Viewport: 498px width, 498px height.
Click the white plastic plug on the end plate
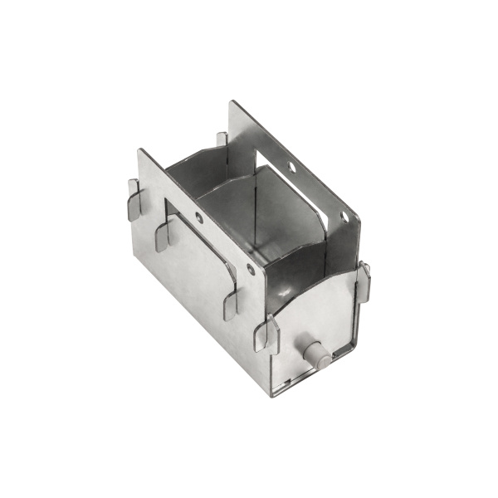coord(317,354)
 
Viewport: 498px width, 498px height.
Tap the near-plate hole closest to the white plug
coord(251,269)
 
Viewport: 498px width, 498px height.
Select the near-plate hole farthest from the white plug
coord(199,218)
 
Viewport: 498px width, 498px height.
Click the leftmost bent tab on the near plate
coord(134,199)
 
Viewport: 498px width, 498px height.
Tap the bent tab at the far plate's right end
coord(364,281)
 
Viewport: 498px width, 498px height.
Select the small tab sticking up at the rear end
coord(222,139)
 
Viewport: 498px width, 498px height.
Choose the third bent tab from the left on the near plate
coord(230,301)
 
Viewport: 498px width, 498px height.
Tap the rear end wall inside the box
coord(195,166)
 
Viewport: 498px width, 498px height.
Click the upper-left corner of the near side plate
coord(139,150)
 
